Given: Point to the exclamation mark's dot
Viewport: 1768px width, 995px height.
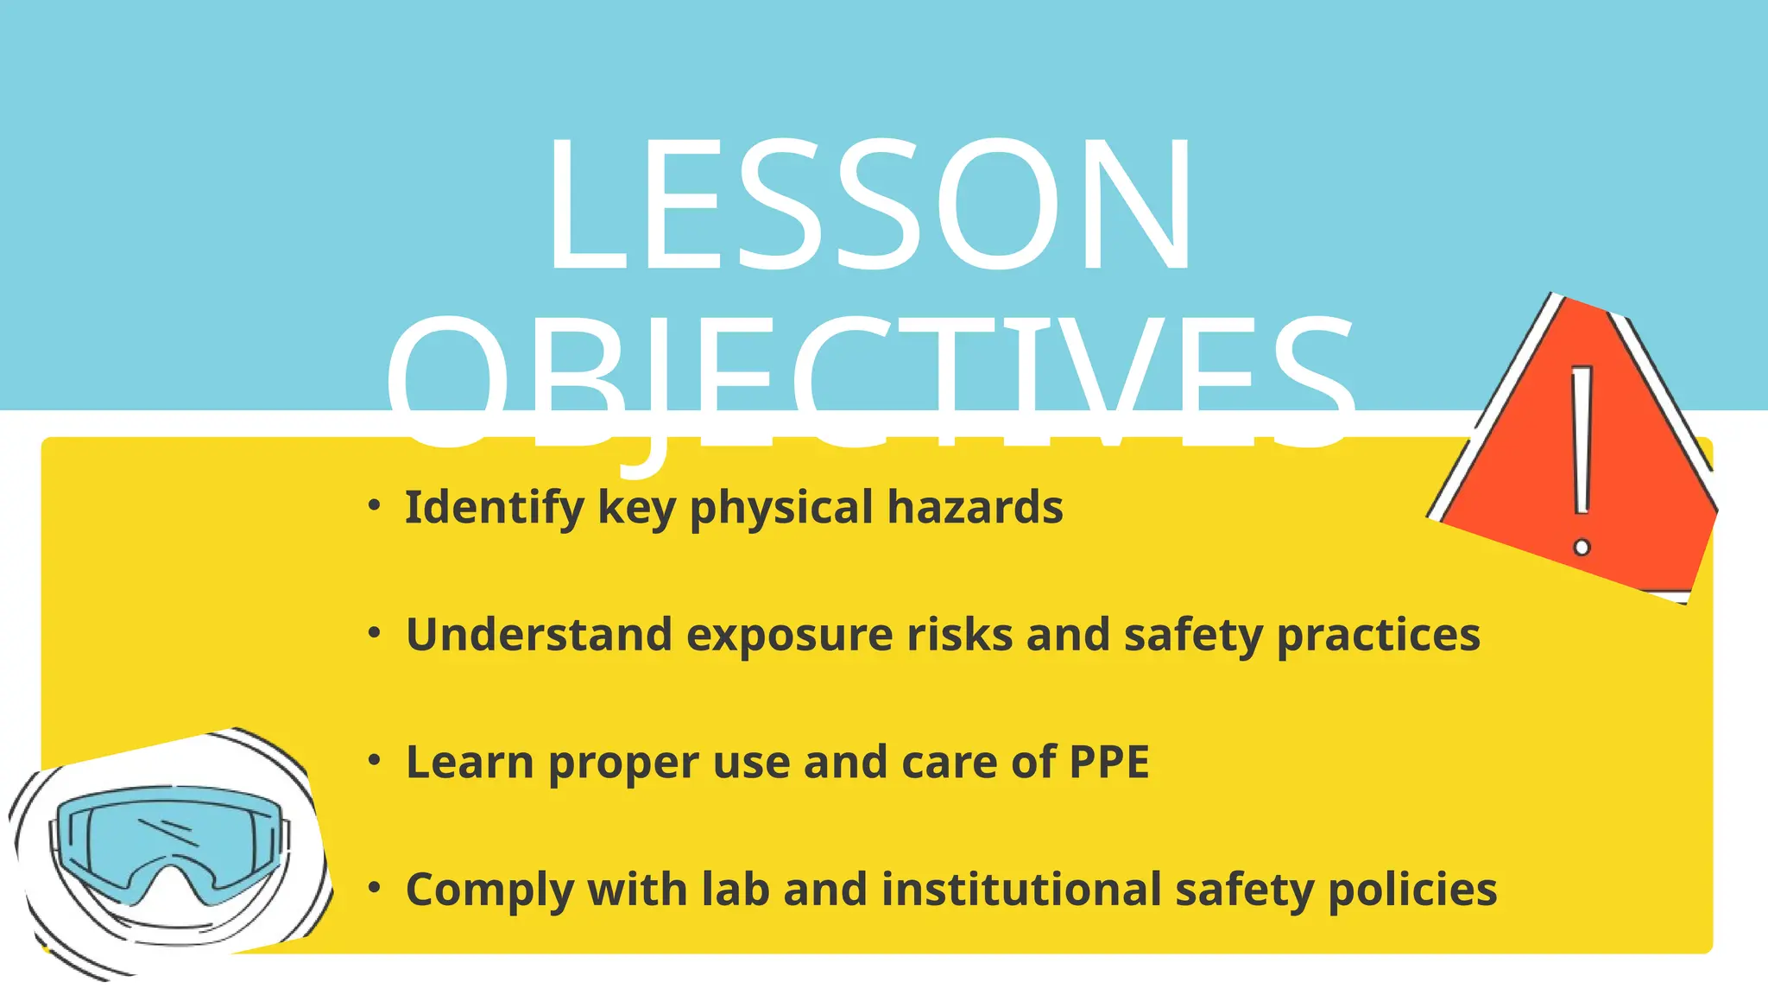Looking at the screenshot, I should tap(1582, 547).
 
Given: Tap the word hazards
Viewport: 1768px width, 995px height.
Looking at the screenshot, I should tap(975, 507).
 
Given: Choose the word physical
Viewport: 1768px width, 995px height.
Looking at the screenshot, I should tap(781, 508).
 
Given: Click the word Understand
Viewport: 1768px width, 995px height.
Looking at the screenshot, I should tap(540, 635).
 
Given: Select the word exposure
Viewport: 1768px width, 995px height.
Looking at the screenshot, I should tap(789, 637).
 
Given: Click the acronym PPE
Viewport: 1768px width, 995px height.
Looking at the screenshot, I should tap(1109, 762).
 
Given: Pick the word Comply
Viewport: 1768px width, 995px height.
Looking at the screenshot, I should tap(489, 890).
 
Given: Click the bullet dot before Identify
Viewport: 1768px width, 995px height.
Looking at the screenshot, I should tap(374, 505).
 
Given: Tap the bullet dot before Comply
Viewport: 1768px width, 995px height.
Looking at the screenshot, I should tap(374, 888).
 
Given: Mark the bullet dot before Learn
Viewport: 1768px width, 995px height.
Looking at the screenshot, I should tap(374, 760).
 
